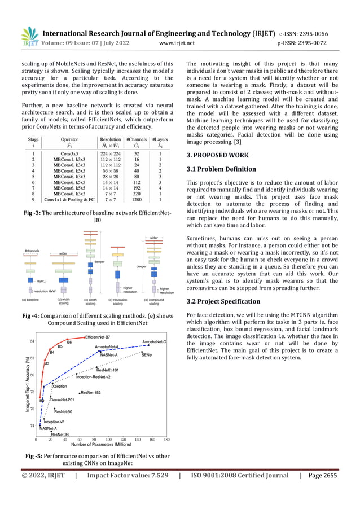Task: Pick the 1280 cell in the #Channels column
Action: coord(136,199)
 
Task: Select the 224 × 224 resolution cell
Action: coord(107,152)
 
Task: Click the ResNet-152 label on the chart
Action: coord(91,392)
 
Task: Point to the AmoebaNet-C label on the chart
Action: coord(153,342)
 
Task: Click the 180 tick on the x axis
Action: coord(166,439)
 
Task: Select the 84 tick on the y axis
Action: coord(33,342)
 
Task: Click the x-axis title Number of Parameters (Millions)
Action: coord(100,445)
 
